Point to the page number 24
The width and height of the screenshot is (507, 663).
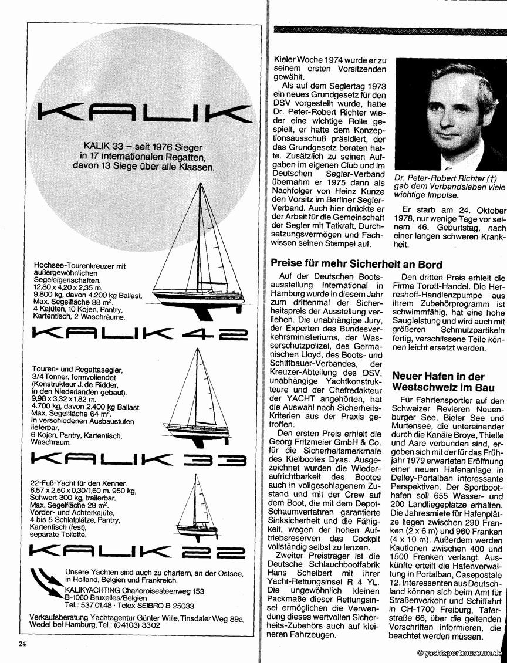22,644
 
